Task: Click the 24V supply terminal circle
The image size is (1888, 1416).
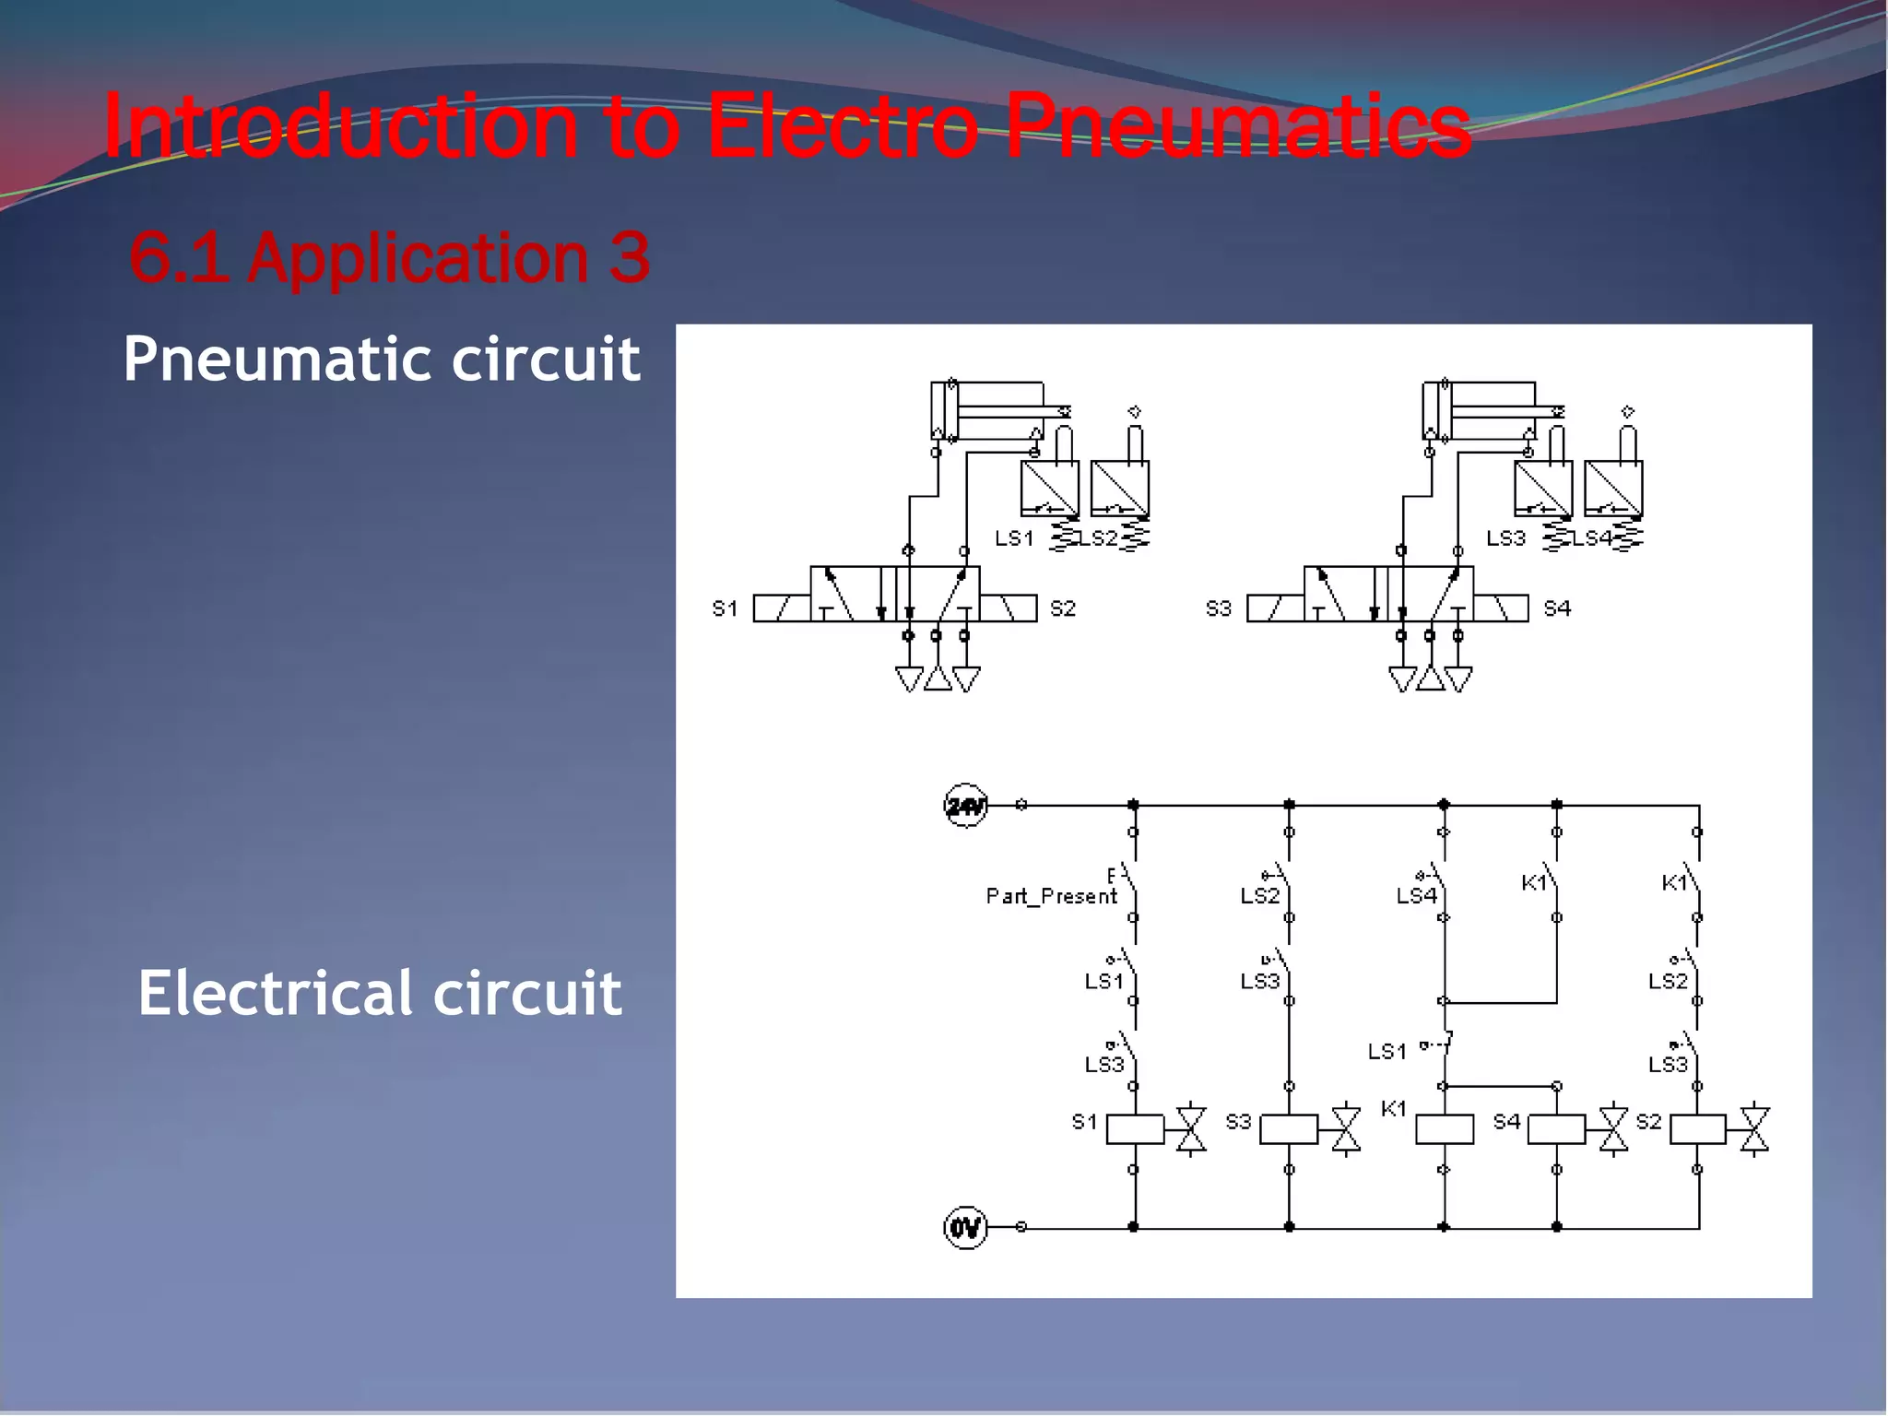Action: (965, 806)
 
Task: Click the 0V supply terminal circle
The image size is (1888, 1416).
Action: (965, 1228)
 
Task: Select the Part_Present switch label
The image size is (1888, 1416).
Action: (1051, 896)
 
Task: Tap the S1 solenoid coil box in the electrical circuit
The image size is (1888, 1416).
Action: (1135, 1129)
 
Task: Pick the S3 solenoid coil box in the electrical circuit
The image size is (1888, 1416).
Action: (1289, 1129)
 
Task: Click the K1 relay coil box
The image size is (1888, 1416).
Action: (1444, 1129)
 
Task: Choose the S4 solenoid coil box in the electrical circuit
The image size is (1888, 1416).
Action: (1556, 1129)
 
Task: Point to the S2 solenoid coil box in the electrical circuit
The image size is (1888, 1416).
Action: (1697, 1129)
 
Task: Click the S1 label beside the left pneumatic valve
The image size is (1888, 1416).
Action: (726, 608)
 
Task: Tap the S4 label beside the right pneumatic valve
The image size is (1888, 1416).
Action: (1557, 608)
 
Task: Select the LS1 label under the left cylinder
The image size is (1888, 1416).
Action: (1014, 538)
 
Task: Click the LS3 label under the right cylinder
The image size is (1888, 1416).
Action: (1506, 538)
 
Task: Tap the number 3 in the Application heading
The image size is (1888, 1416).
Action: (630, 257)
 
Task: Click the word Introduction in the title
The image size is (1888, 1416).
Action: (341, 126)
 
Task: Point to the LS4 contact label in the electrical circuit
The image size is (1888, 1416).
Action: (1416, 896)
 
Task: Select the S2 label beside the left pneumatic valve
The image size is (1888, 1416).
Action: (1063, 608)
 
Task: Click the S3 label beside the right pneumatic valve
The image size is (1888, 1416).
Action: (1219, 608)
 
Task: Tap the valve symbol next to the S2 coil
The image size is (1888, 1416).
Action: (1753, 1129)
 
